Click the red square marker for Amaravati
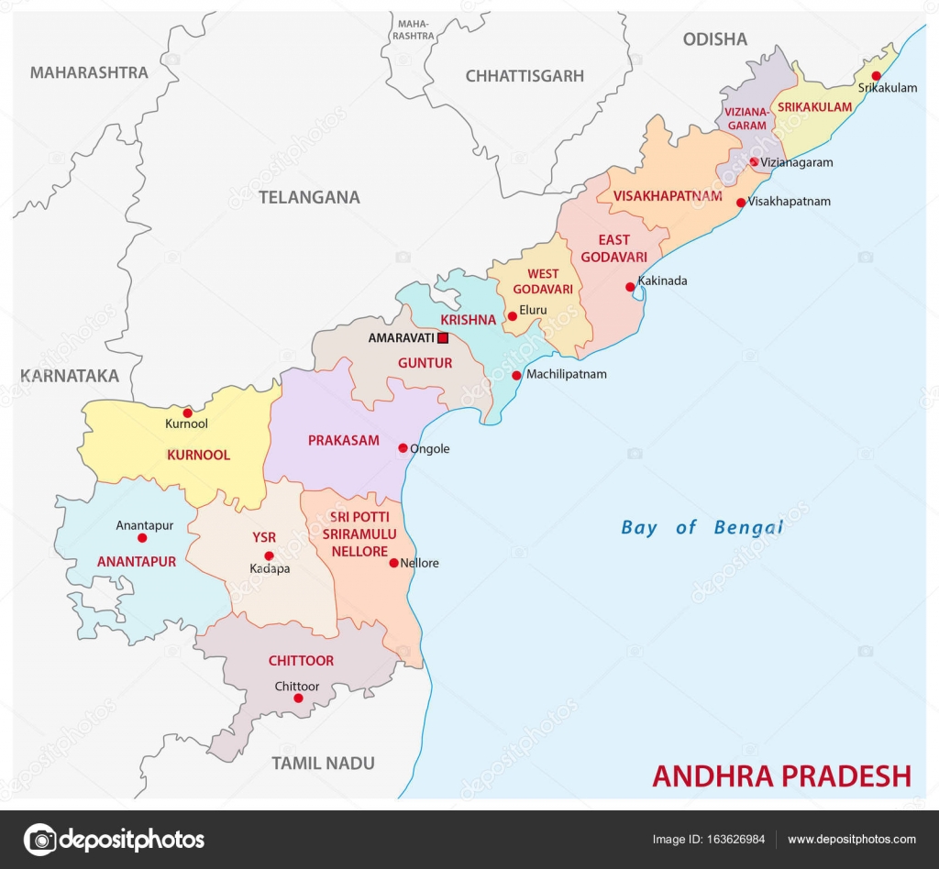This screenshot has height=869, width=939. (443, 337)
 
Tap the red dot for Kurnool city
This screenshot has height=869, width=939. (187, 412)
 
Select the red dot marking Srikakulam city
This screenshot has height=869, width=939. (876, 76)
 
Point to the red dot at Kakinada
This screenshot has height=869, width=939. (630, 287)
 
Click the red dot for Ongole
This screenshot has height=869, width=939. (403, 448)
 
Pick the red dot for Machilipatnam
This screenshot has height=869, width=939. (516, 375)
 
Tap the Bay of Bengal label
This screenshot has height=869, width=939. (701, 527)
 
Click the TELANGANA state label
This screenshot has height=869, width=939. (309, 197)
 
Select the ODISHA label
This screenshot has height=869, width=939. (714, 39)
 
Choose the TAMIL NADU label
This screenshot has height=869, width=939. (323, 763)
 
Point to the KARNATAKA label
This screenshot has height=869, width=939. (71, 375)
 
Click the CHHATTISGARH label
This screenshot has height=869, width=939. (525, 76)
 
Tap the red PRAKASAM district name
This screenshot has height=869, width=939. (343, 440)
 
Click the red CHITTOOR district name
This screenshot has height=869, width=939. (301, 660)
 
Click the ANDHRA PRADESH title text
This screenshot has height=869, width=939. (781, 775)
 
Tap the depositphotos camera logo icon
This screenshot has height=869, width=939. (39, 839)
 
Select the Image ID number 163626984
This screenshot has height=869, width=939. (734, 840)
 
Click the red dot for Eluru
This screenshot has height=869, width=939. (512, 316)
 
